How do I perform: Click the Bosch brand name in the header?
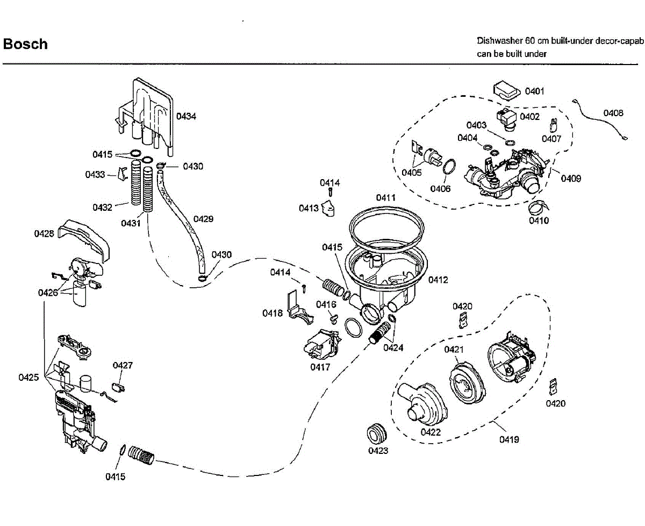25,44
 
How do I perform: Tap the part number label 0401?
534,91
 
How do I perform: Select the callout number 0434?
186,116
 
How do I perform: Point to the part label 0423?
378,451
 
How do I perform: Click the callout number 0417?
320,367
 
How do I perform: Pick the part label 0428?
44,233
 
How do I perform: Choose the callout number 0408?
613,113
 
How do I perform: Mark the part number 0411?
386,197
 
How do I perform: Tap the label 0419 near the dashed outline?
509,439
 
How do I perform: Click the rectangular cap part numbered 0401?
507,90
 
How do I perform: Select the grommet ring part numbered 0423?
376,433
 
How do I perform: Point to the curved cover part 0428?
84,240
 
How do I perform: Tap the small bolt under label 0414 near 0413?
331,192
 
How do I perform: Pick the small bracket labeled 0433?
123,174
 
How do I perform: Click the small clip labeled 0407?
554,126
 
